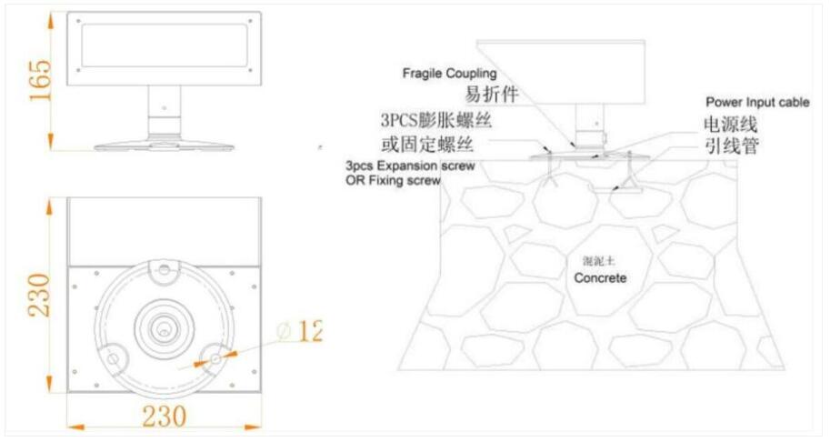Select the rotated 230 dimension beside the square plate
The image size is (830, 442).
(40, 293)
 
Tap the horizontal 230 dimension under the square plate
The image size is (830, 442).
(164, 416)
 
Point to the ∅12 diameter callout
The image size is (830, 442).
(299, 332)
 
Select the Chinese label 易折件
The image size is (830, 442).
(492, 94)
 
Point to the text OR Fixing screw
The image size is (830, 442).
(393, 181)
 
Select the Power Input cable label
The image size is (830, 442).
(757, 103)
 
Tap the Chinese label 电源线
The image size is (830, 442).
(730, 125)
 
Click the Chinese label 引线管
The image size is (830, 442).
(730, 146)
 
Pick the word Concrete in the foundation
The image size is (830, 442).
(599, 277)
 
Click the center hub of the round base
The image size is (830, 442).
(165, 323)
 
